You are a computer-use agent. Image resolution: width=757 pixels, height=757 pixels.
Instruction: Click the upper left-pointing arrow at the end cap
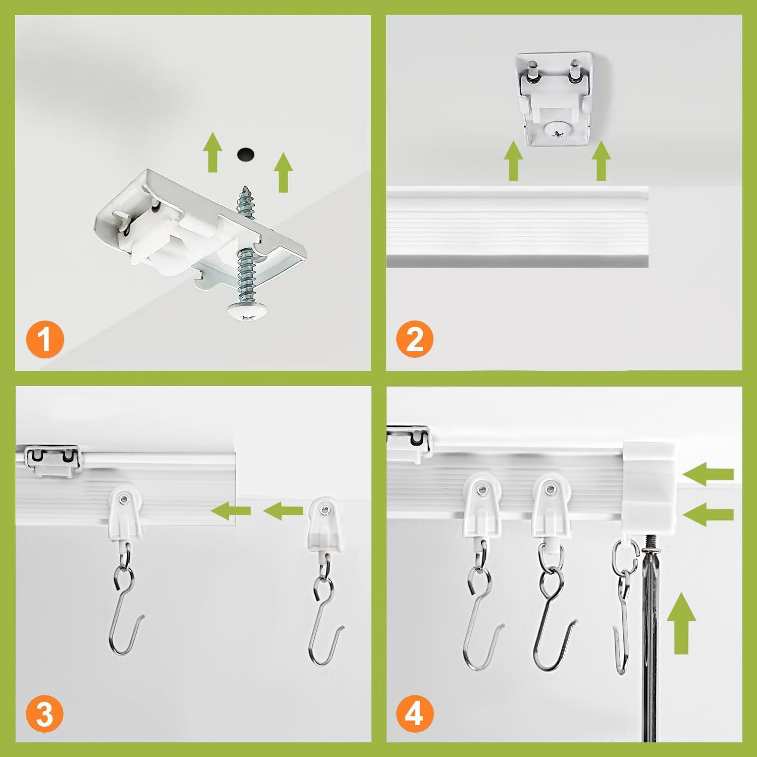[709, 474]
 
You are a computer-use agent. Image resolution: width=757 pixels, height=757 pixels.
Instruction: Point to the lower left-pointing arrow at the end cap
[709, 514]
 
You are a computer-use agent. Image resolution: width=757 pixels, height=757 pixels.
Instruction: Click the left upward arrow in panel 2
[513, 161]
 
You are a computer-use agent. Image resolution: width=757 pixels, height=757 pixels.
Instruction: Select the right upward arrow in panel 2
[601, 161]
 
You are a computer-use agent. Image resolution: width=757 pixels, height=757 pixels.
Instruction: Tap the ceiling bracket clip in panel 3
[52, 459]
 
